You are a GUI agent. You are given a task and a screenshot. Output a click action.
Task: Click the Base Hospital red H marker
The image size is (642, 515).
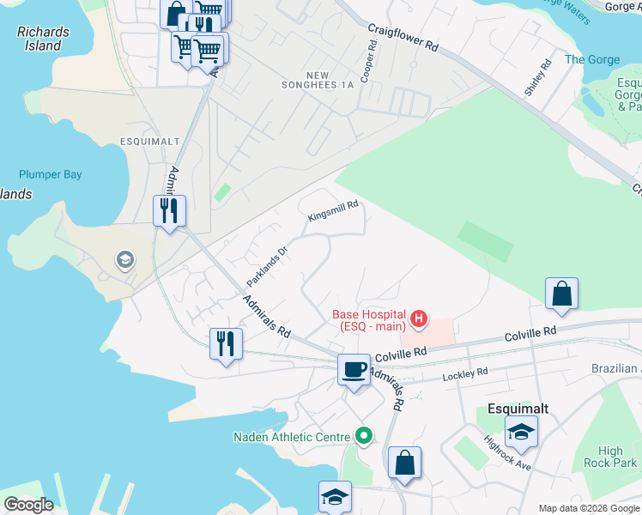419,320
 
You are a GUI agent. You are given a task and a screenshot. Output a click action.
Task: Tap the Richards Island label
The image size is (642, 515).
43,39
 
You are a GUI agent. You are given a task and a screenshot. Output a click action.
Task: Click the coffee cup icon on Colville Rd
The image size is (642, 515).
354,370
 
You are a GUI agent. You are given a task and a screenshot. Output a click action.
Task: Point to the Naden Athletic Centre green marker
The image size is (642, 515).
364,437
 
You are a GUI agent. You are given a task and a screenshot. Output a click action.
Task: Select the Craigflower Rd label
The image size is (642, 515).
403,39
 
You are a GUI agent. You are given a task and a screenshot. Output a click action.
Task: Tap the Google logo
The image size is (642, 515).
28,505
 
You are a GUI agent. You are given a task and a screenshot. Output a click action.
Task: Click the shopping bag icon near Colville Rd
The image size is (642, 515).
561,294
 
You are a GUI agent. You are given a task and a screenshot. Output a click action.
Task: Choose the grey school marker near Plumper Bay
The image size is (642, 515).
125,260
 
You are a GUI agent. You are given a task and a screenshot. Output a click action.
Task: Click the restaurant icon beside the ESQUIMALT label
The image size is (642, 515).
169,209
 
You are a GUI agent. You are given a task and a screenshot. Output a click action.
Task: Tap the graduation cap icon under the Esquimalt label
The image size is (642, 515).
521,432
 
